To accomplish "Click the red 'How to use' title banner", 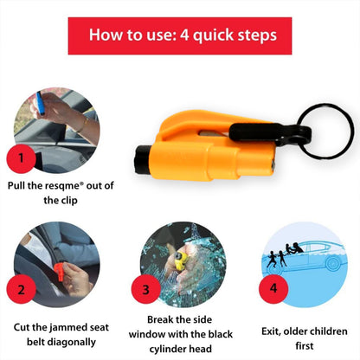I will point(180,36).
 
